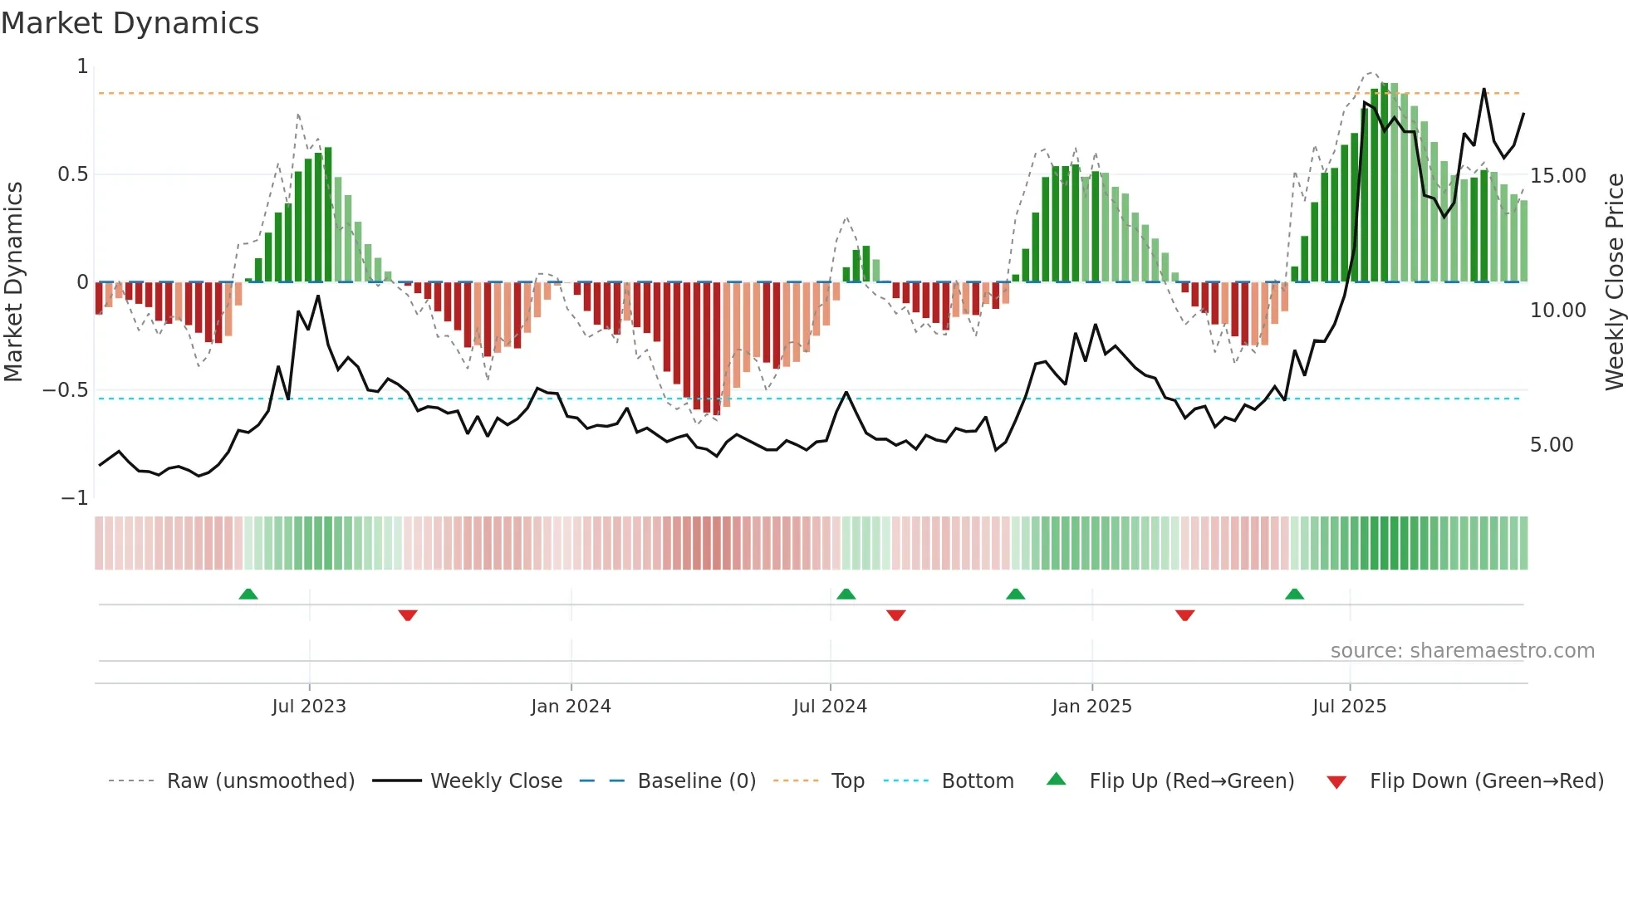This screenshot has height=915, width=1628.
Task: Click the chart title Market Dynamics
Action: coord(130,23)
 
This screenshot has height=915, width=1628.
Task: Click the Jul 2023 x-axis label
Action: coord(309,707)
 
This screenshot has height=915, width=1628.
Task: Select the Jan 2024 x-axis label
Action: coord(571,707)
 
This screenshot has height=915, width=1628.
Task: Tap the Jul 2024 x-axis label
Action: coord(830,707)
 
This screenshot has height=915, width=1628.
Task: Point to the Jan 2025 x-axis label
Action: coord(1091,707)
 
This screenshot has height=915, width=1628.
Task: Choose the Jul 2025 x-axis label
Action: coord(1349,707)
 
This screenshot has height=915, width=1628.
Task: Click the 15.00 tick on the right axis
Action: coord(1558,176)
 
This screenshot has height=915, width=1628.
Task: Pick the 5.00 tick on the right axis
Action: coord(1552,445)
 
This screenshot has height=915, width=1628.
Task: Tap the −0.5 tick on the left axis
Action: coord(66,390)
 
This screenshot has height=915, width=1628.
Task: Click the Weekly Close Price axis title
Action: coord(1614,282)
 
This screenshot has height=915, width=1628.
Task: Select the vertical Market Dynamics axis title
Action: coord(13,282)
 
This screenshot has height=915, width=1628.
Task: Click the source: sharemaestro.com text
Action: coord(1462,651)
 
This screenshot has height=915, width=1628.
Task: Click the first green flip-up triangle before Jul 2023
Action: coord(248,594)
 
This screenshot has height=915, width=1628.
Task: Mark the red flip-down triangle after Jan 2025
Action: coord(1185,615)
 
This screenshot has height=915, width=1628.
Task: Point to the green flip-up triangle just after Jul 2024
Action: coord(846,594)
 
